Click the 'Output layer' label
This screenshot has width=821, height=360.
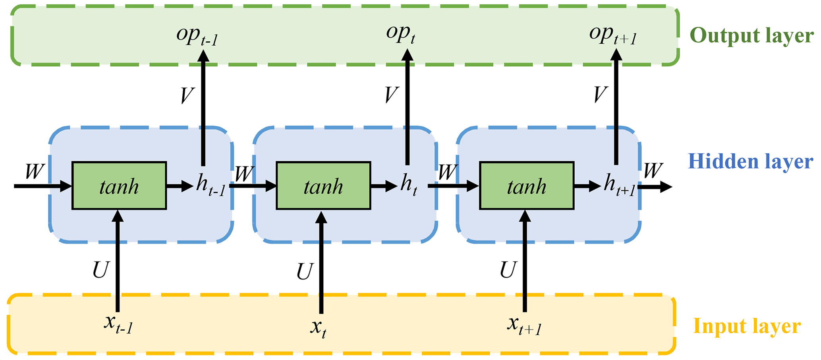[751, 36]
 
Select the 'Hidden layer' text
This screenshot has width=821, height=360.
[750, 162]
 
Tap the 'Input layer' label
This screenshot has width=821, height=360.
[747, 327]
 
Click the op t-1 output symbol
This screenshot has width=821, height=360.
[197, 36]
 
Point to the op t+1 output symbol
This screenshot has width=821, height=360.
[613, 35]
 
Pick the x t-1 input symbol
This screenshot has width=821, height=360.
[118, 325]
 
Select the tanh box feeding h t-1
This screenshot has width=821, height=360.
[119, 186]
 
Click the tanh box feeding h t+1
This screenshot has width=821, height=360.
[527, 186]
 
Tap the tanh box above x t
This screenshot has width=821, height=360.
[323, 186]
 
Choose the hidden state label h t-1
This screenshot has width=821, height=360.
[211, 186]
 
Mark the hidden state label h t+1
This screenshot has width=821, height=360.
[619, 186]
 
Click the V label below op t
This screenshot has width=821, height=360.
[391, 95]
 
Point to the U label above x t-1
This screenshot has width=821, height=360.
[100, 270]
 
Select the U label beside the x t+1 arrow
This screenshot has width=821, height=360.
[508, 270]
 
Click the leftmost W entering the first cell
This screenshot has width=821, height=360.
[35, 172]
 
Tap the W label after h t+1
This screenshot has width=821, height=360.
[653, 171]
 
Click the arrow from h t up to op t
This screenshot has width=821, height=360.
[408, 107]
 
